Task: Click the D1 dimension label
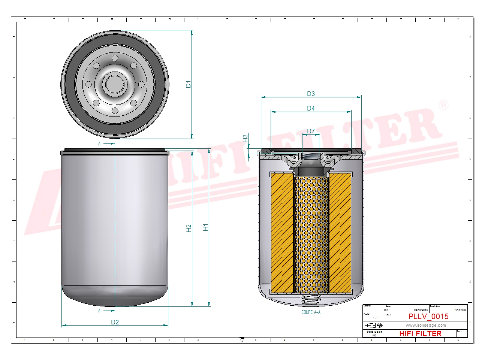188,84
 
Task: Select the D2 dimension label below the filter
115,322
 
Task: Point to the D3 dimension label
311,94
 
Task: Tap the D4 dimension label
311,108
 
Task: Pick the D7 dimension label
311,131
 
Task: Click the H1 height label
205,227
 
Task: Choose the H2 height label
189,228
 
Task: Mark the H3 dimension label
245,138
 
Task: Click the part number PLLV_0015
428,317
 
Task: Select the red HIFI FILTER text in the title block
420,333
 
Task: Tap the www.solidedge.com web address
425,325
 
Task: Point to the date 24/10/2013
421,310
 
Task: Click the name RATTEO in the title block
460,310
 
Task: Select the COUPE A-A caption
311,312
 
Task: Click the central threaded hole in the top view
115,84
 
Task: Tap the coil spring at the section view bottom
311,299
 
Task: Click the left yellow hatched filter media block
282,232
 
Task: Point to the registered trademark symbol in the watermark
443,105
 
